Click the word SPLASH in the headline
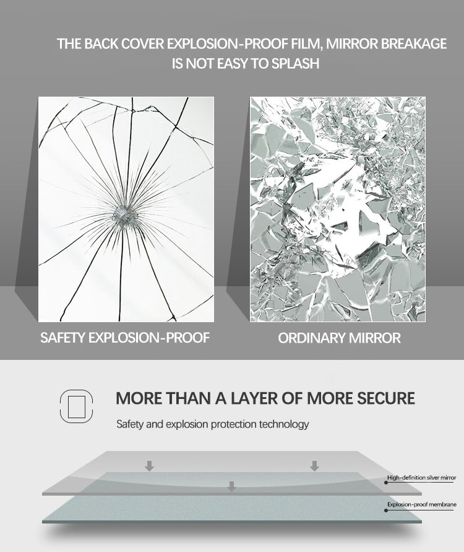click(x=296, y=63)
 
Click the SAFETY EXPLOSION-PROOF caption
click(x=125, y=338)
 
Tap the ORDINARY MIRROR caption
click(x=339, y=338)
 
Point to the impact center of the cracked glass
click(x=126, y=216)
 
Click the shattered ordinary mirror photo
click(x=338, y=209)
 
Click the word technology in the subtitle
click(x=284, y=424)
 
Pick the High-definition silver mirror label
click(x=421, y=478)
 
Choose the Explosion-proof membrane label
click(x=421, y=505)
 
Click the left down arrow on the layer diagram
click(x=149, y=466)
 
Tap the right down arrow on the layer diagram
click(x=314, y=466)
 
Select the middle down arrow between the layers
click(x=231, y=486)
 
